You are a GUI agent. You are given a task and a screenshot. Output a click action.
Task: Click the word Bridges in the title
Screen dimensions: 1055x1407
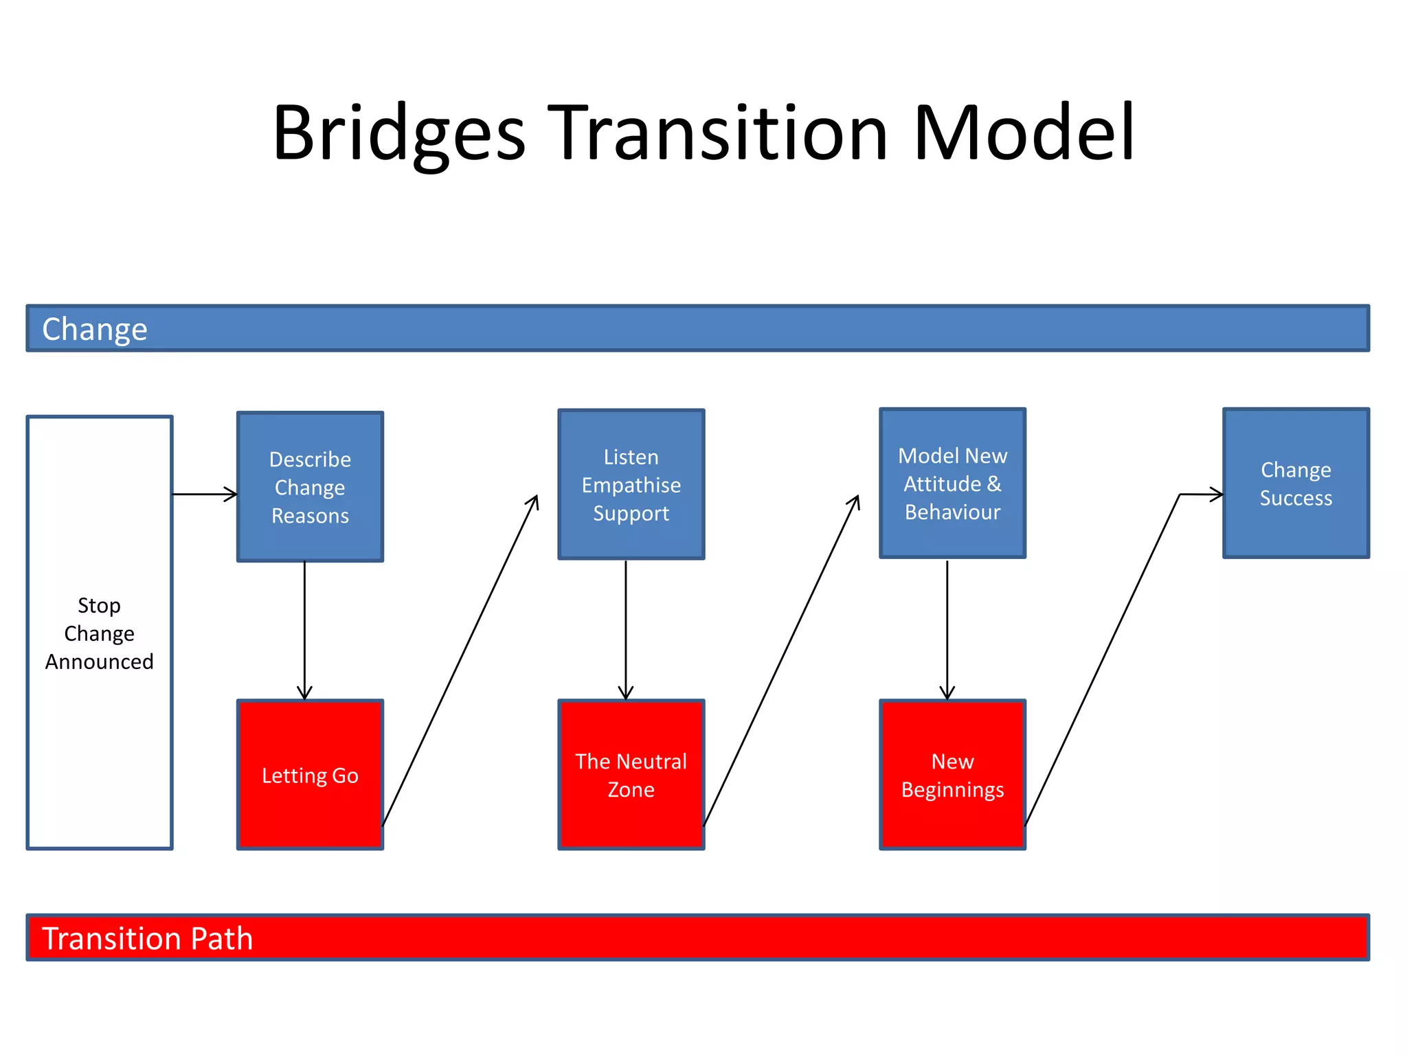tap(398, 134)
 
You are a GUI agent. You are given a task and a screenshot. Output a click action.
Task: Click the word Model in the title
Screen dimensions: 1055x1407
tap(1024, 134)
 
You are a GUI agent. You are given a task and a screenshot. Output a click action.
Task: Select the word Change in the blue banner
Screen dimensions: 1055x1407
tap(95, 329)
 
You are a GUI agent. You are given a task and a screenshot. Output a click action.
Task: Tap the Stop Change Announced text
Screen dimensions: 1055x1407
tap(100, 633)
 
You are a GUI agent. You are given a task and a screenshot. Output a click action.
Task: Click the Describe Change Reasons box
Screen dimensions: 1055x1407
tap(310, 487)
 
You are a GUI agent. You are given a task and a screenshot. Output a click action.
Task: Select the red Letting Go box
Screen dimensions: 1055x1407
tap(310, 775)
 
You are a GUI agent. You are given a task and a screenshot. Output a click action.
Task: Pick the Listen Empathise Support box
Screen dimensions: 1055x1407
tap(631, 485)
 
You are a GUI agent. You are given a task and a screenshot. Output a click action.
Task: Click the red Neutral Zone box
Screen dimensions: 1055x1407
tap(631, 775)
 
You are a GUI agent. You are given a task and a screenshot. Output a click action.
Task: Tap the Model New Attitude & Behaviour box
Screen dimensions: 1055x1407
tap(952, 484)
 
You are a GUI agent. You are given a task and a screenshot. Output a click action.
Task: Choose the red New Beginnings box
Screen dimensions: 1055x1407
tap(952, 775)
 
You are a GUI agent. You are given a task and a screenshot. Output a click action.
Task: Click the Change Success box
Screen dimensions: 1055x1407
tap(1296, 484)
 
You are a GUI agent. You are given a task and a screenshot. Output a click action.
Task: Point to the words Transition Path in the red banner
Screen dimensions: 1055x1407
tap(148, 938)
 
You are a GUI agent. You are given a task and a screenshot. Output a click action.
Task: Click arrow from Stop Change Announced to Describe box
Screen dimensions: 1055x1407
tap(205, 494)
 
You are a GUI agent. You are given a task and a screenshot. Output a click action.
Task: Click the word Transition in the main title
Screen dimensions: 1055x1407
tap(721, 134)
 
